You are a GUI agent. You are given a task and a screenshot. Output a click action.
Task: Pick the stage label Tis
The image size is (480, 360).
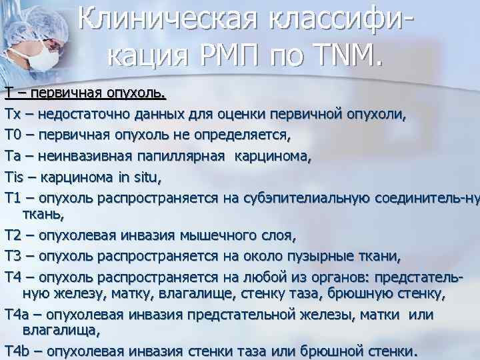click(x=15, y=178)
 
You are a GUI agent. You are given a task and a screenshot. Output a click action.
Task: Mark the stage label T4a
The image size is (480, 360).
click(x=16, y=313)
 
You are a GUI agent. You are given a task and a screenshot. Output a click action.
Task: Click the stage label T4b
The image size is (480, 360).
click(x=16, y=351)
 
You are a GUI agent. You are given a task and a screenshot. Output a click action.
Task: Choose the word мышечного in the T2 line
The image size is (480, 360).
click(x=213, y=235)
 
